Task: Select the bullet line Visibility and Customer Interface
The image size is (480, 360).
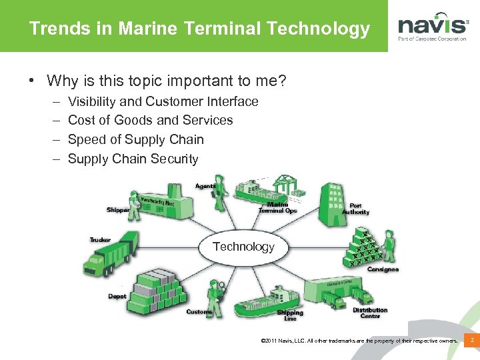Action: (x=163, y=101)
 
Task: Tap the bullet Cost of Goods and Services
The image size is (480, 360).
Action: (x=151, y=120)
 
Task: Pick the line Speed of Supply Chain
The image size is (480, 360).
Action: (x=136, y=139)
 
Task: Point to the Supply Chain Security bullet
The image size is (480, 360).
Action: (x=133, y=159)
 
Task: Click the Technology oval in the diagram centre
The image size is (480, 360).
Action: (x=243, y=247)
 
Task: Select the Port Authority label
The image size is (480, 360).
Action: (x=355, y=209)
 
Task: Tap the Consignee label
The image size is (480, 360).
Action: (x=383, y=269)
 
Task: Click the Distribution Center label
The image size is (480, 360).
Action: (x=370, y=313)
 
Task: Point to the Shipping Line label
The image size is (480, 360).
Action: (x=290, y=315)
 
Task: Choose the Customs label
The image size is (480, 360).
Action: (x=199, y=312)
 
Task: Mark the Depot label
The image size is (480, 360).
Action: (x=117, y=296)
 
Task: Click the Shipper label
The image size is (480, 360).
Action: (x=118, y=210)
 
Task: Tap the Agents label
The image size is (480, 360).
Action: (x=205, y=185)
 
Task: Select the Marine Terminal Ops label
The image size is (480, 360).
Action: (x=278, y=207)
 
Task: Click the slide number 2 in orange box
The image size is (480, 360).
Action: (x=471, y=341)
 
